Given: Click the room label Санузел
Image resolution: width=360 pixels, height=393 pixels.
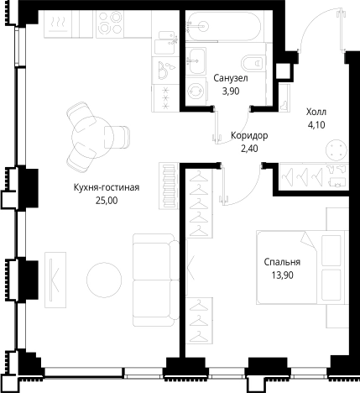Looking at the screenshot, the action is coord(231,78).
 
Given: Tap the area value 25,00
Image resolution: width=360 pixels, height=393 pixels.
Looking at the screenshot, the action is coord(107,201).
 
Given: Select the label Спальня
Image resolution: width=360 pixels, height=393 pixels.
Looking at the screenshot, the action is coord(282,262).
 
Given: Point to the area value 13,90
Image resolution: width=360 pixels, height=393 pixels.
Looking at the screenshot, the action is coord(282,275).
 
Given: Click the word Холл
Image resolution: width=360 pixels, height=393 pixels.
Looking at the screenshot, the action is coord(316,113).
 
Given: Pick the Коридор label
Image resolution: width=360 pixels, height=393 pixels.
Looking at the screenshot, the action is coord(249,136).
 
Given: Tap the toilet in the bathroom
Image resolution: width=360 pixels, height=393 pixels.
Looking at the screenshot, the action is coord(253,63).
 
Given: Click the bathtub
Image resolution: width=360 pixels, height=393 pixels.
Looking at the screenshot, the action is coord(224,26).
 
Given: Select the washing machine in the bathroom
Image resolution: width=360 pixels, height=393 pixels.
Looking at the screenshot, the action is coord(196,91).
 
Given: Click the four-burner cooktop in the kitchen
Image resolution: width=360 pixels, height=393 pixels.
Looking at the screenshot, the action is coord(110,24).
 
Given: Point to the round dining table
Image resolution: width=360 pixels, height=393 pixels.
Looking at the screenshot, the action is coord(92,137).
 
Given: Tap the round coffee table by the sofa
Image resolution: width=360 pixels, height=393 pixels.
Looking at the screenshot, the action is coord(104,280).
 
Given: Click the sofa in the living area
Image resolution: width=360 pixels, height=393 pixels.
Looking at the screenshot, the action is coord(156,280).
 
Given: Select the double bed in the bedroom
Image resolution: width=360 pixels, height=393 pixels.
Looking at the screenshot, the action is coord(302,267).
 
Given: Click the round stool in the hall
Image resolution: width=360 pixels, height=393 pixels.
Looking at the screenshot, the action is coord(337,150).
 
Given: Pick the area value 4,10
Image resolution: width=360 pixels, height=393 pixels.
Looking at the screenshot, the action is coord(316,125).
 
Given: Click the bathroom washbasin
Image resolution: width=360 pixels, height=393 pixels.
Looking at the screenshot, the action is coord(196,60).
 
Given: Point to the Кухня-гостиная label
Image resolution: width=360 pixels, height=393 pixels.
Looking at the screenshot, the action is coord(107,187).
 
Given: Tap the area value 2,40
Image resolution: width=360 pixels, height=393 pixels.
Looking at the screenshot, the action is coord(249,149).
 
